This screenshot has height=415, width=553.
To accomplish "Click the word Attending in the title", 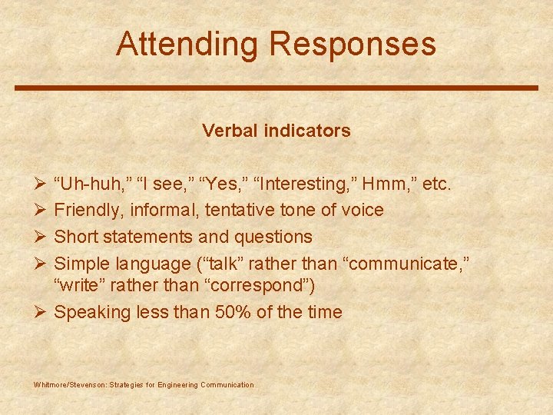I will point(188,45).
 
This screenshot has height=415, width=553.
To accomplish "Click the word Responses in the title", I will point(353,45).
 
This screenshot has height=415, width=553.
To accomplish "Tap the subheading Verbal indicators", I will point(276,131).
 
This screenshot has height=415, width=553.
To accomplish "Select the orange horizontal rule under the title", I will point(276,88).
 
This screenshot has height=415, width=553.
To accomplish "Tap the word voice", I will point(362,210).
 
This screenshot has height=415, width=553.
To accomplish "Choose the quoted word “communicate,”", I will point(408,264).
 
